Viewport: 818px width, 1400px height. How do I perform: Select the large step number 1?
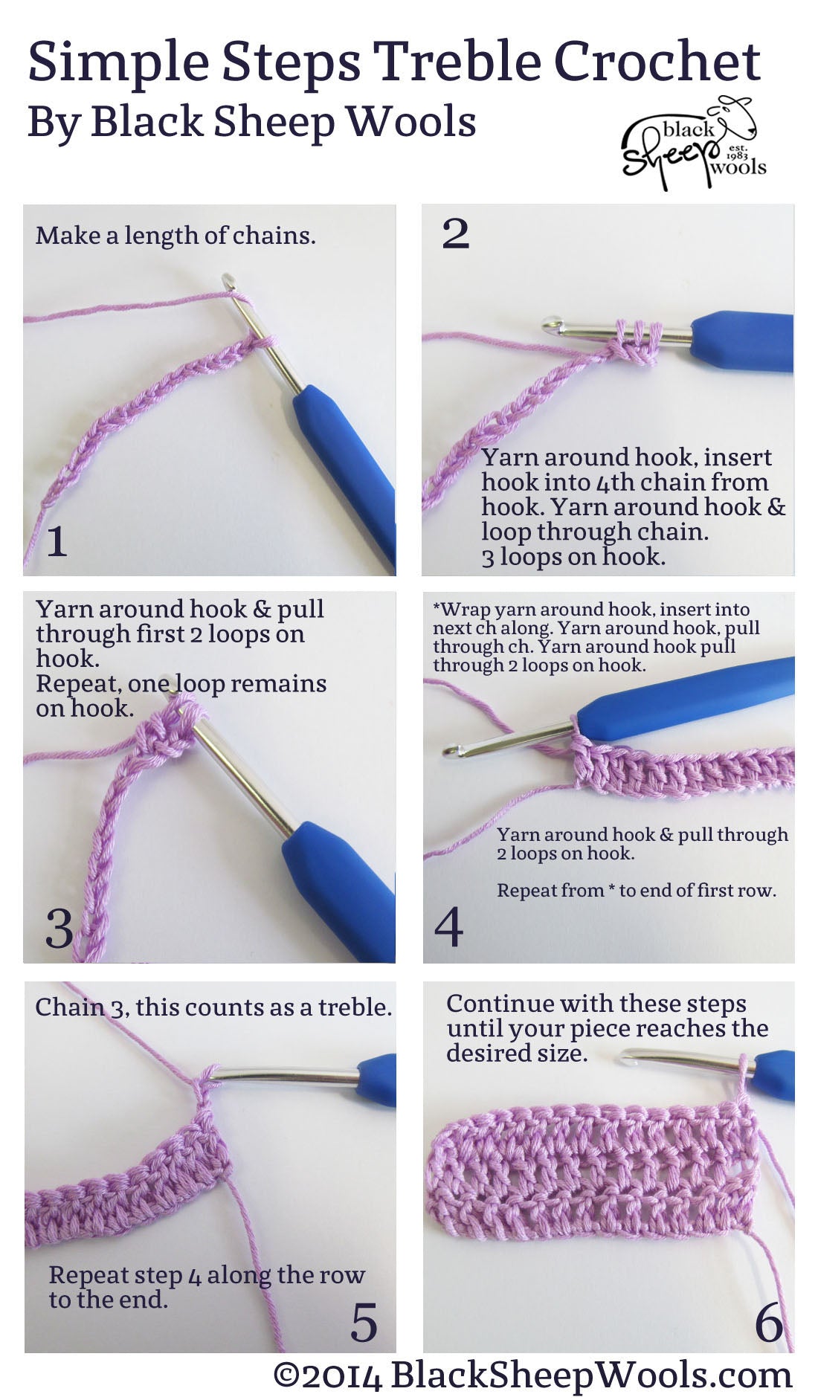point(57,541)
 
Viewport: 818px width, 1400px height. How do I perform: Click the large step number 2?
point(455,234)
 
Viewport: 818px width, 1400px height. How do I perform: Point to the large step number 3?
point(59,928)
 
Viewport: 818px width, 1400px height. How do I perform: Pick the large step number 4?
point(449,926)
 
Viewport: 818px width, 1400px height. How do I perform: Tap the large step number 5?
point(364,1323)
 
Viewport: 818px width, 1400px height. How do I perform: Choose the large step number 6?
point(769,1324)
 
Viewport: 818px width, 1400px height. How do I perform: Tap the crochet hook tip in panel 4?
point(448,752)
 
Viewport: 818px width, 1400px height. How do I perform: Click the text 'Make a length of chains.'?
point(175,236)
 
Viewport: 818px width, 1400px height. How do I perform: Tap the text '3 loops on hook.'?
point(573,557)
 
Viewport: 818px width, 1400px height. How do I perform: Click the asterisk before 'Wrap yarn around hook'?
point(437,607)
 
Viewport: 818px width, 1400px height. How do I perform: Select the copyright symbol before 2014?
point(286,1376)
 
